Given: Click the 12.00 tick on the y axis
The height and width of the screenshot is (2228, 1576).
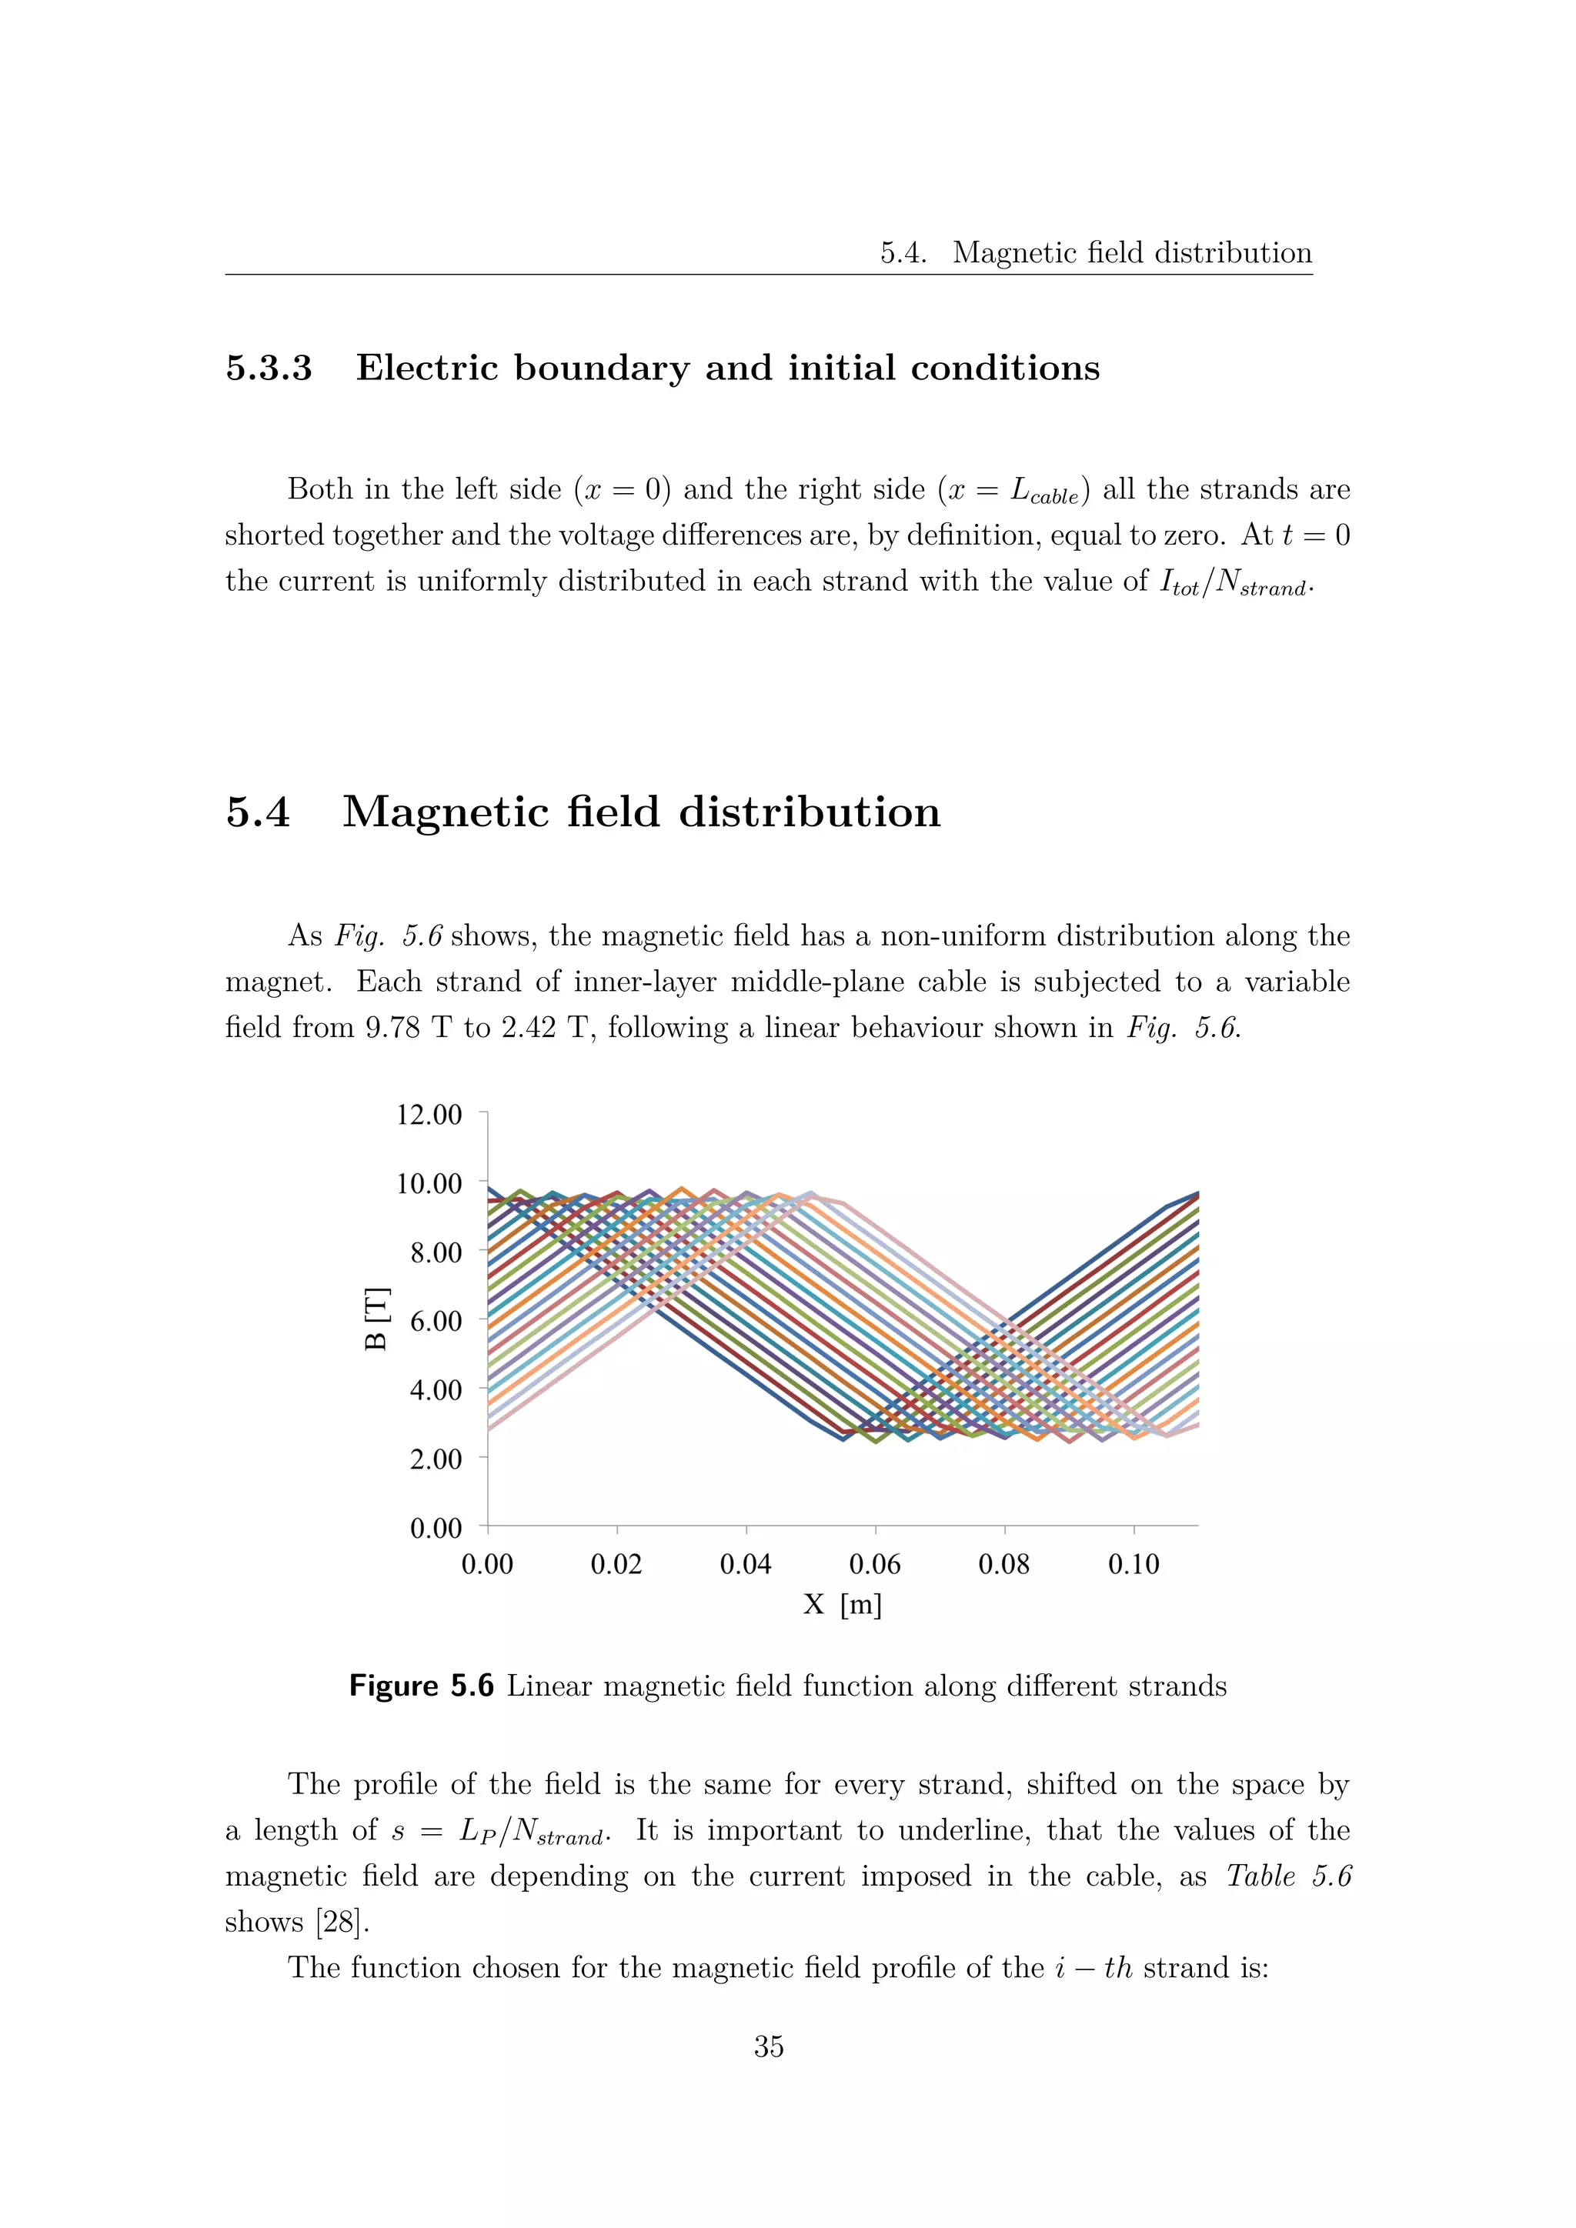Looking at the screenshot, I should coord(429,1114).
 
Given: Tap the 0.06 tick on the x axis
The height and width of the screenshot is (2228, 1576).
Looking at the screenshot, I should coord(874,1564).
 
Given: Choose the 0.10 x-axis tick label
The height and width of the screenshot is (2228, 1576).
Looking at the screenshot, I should coord(1133,1564).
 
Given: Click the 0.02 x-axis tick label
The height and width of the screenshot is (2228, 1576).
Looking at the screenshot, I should coord(616,1564).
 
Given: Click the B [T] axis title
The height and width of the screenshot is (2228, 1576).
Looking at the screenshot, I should coord(376,1319).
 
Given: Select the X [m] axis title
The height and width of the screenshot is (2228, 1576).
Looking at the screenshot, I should coord(843,1605).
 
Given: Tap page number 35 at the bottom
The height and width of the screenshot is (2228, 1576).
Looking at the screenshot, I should coord(769,2047).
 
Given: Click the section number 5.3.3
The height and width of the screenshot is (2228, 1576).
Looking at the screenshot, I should coord(269,369).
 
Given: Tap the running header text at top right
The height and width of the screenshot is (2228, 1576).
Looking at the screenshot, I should coord(1096,253).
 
